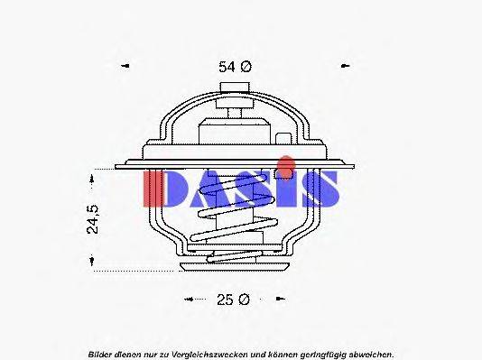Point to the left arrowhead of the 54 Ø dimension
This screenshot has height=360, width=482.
(125, 66)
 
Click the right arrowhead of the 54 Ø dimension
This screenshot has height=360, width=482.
(344, 66)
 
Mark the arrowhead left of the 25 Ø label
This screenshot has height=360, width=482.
(190, 299)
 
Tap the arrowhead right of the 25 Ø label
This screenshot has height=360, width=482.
(279, 299)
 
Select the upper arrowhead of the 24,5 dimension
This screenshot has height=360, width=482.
(93, 179)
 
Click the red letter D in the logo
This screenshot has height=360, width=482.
(160, 189)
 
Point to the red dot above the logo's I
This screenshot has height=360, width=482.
(285, 163)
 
